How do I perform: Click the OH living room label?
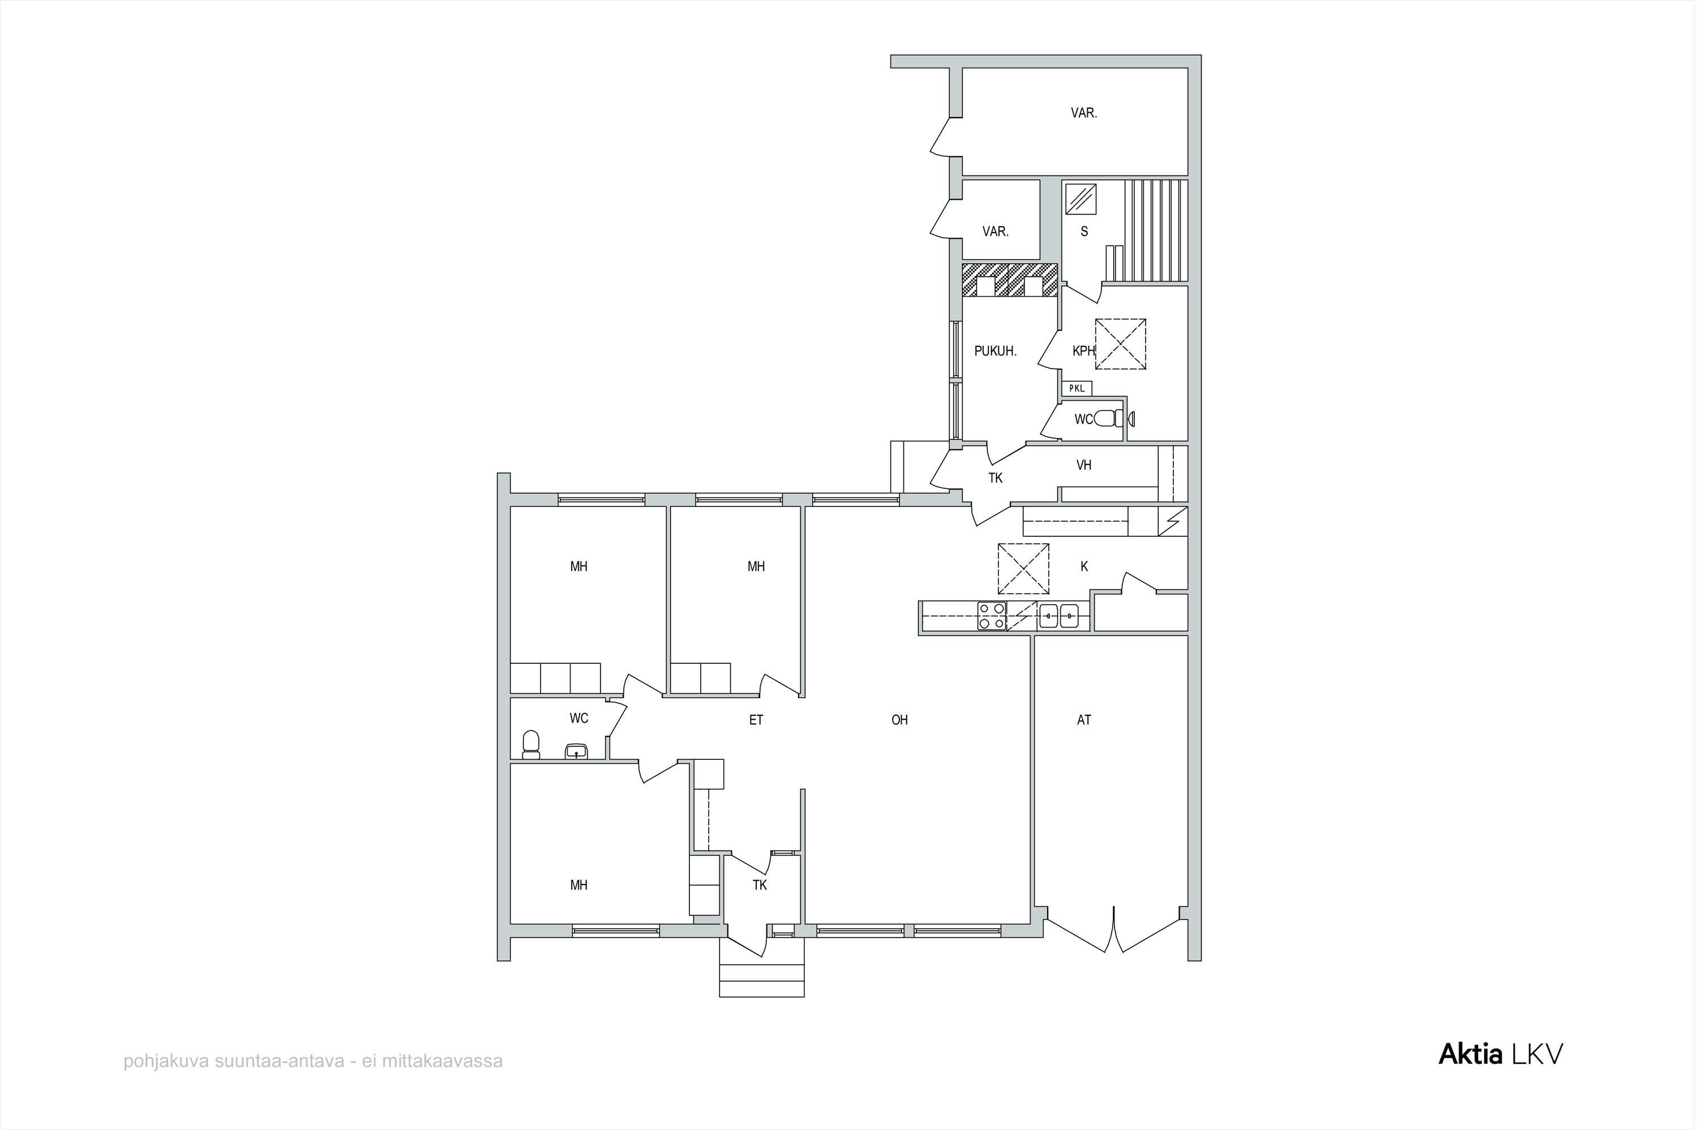click(899, 720)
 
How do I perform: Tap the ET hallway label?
click(756, 720)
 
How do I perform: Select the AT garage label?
click(1084, 720)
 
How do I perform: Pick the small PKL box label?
click(1077, 388)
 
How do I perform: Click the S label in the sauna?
click(1084, 231)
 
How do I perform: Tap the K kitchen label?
click(1084, 567)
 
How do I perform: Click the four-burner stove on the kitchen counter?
click(992, 616)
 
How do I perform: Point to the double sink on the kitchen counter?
click(1059, 616)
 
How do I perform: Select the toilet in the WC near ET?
click(530, 745)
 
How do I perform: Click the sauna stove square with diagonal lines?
click(1081, 199)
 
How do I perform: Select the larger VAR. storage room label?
click(1084, 113)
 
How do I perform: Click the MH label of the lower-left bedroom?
click(578, 886)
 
